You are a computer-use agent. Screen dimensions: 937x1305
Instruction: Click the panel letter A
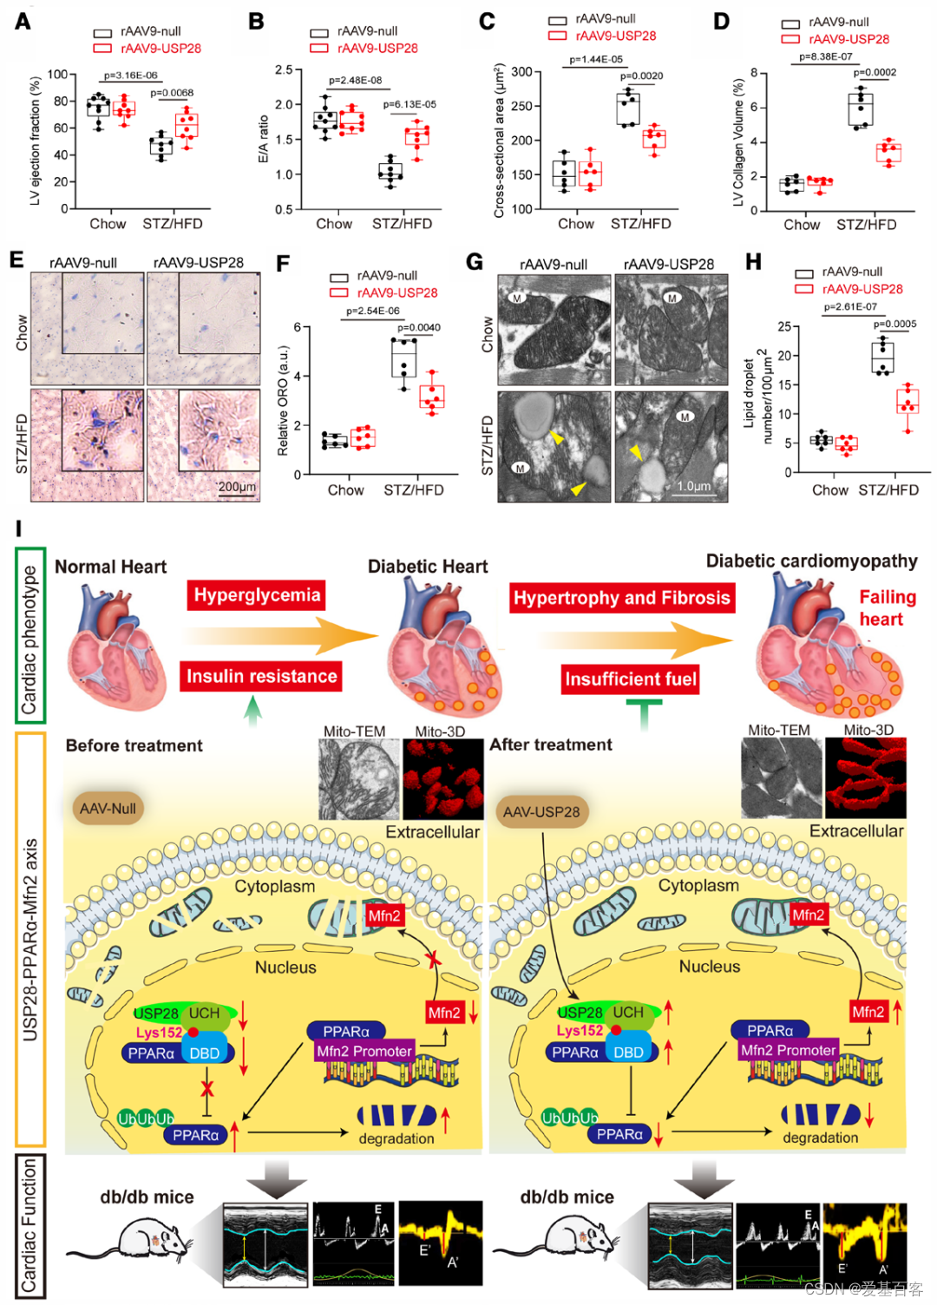coord(23,21)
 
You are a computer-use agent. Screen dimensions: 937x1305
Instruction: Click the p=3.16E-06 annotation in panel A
coord(131,75)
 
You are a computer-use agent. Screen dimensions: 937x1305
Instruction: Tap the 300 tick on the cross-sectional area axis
coord(521,71)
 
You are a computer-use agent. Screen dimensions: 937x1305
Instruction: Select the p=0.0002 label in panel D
coord(874,73)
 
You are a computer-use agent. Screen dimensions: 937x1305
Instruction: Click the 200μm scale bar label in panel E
coord(236,487)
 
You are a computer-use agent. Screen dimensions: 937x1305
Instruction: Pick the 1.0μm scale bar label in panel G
coord(694,487)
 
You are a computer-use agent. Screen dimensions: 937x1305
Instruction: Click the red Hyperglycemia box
coord(257,595)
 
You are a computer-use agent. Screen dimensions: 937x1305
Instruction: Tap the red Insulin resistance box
coord(261,676)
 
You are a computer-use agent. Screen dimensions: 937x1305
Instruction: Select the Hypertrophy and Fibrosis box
coord(621,598)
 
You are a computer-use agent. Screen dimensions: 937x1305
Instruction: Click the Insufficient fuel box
coord(631,679)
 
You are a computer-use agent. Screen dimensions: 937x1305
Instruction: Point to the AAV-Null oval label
coord(108,809)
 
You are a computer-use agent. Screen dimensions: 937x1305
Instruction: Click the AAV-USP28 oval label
coord(541,812)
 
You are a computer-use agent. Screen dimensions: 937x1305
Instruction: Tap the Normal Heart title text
coord(110,567)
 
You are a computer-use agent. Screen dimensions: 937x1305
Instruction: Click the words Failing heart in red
coord(886,607)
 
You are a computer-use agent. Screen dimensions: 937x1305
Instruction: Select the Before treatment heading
coord(134,745)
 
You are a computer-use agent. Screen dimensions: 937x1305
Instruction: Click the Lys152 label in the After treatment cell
coord(580,1031)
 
